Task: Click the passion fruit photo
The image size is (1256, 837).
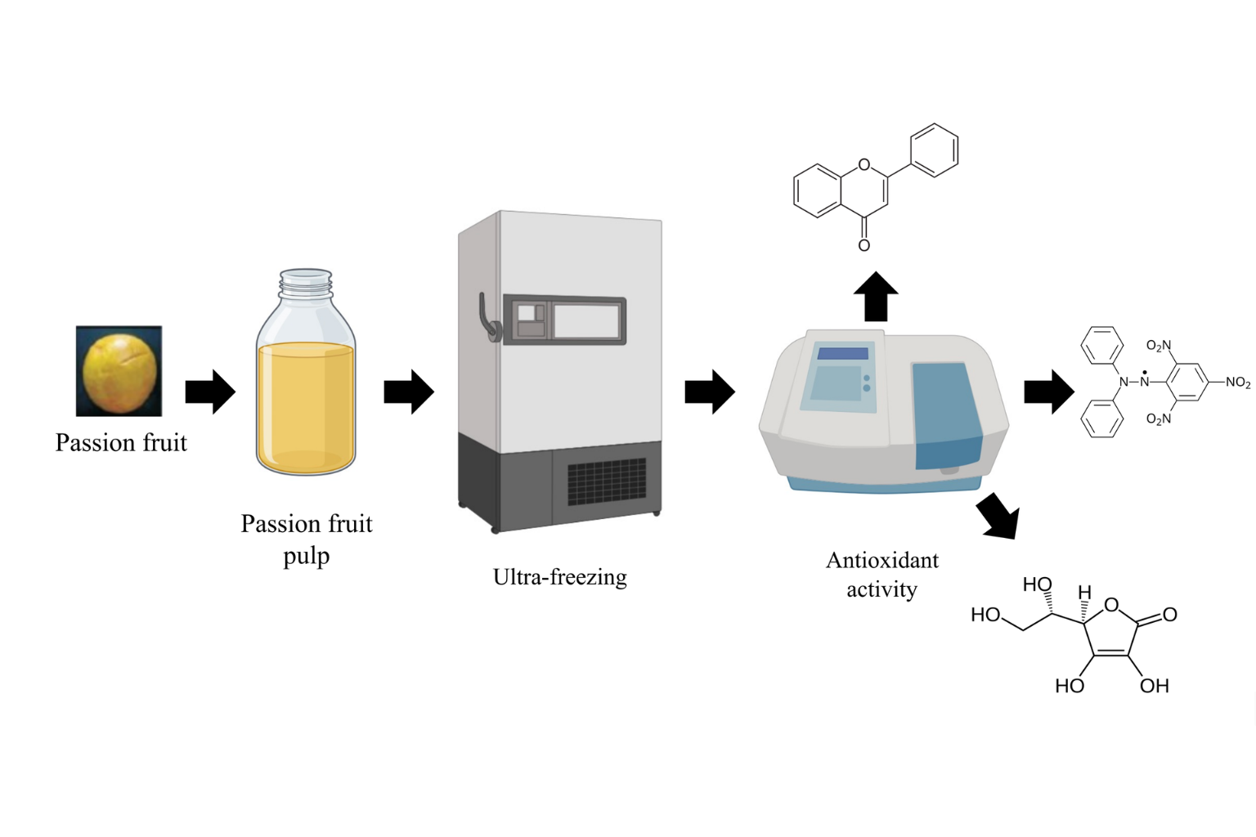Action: click(119, 370)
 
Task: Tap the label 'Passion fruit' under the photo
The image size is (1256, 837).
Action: click(121, 442)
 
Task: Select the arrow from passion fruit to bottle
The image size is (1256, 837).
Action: click(210, 392)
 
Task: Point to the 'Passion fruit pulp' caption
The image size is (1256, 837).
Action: click(306, 539)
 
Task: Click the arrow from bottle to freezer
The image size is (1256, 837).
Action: click(409, 392)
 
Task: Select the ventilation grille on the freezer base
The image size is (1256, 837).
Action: click(606, 481)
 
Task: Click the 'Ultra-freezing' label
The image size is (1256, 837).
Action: click(560, 577)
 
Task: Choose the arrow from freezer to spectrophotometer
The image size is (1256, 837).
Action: click(710, 392)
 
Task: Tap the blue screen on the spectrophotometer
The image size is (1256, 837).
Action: click(842, 354)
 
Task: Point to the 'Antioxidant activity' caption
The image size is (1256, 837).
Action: click(882, 575)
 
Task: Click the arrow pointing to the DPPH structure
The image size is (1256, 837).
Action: click(1049, 392)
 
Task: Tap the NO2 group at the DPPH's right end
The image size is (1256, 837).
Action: click(1237, 382)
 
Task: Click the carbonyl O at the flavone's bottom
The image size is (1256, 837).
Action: click(864, 245)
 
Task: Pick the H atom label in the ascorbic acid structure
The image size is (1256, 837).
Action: click(1084, 593)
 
